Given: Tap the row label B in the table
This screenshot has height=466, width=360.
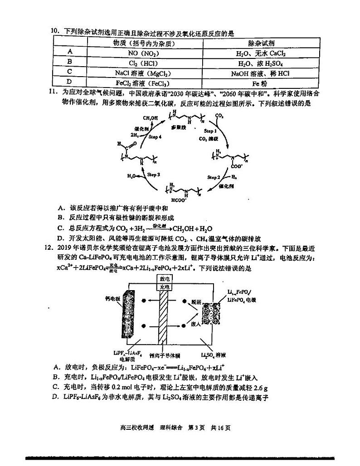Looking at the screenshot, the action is [x=69, y=62].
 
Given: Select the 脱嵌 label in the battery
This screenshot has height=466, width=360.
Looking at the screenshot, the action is [x=195, y=301].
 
